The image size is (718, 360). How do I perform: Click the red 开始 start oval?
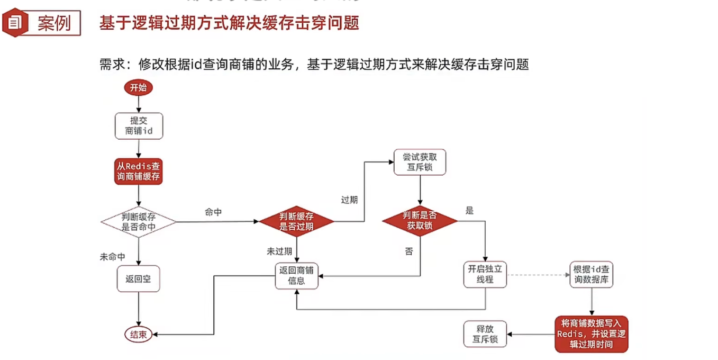pos(138,88)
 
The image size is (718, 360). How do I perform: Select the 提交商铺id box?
pos(139,125)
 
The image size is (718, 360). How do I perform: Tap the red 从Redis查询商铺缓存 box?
pos(139,170)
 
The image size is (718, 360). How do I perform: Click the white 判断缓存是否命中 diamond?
pos(139,222)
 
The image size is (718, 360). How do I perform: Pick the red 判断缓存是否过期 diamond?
pos(296,221)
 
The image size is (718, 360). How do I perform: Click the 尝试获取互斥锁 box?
pos(420,162)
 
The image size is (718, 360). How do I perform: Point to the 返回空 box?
pos(138,278)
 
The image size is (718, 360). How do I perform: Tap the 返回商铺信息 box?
pos(296,275)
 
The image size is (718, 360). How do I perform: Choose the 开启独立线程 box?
pos(485,274)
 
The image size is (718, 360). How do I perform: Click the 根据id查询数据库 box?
pos(592,274)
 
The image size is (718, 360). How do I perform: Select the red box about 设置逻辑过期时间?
pos(592,334)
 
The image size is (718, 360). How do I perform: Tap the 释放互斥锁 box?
pos(485,334)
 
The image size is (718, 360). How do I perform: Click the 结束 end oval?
pos(138,334)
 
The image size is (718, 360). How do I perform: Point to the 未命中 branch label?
pos(113,257)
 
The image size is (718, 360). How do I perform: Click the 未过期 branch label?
pos(279,251)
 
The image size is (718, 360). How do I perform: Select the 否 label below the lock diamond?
pos(408,251)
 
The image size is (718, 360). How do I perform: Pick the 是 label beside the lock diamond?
pos(469,211)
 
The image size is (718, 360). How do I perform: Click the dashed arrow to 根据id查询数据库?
pos(537,275)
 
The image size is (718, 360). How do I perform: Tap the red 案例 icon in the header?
pos(15,23)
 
